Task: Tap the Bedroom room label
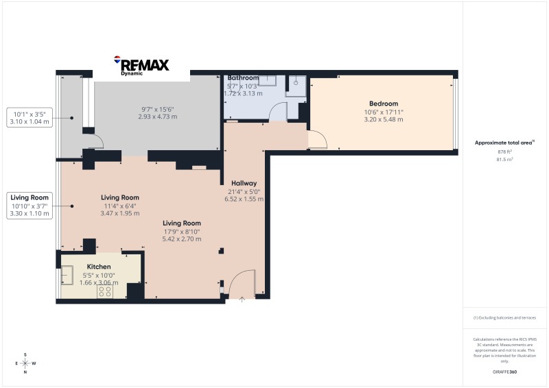pyautogui.click(x=384, y=104)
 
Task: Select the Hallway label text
pyautogui.click(x=244, y=183)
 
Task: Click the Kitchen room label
pyautogui.click(x=99, y=267)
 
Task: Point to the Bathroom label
pyautogui.click(x=243, y=78)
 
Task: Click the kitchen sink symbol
pyautogui.click(x=68, y=275)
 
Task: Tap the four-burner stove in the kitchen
pyautogui.click(x=106, y=291)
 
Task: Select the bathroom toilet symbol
pyautogui.click(x=296, y=82)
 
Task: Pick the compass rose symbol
pyautogui.click(x=25, y=363)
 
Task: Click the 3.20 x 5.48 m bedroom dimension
pyautogui.click(x=384, y=119)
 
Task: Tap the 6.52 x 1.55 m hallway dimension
pyautogui.click(x=244, y=199)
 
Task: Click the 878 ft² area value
pyautogui.click(x=504, y=151)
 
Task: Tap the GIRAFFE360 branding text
pyautogui.click(x=504, y=371)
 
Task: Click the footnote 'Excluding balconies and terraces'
pyautogui.click(x=504, y=317)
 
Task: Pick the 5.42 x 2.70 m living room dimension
pyautogui.click(x=182, y=239)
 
